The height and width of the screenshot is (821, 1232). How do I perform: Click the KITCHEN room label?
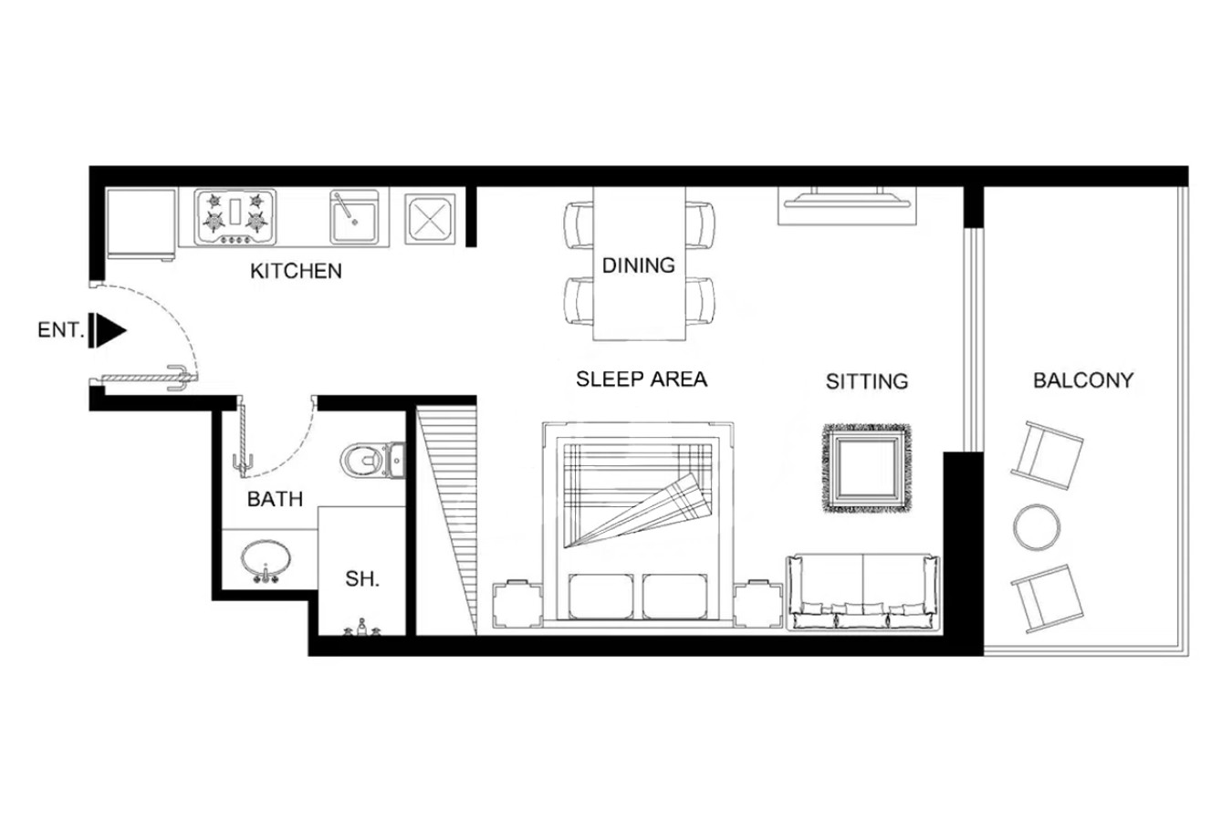click(x=296, y=271)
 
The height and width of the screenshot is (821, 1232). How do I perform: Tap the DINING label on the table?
click(x=639, y=265)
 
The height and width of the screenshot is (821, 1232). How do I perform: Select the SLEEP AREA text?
click(x=642, y=379)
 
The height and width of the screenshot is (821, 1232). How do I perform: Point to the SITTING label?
click(x=867, y=381)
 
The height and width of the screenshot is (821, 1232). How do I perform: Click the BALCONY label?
click(x=1083, y=380)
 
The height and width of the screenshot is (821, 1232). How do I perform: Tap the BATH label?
click(x=275, y=499)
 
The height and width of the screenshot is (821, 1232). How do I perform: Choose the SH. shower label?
click(x=362, y=578)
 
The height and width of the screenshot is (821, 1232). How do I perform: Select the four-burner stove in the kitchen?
click(x=235, y=217)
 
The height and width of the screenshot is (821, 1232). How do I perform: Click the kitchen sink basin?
click(x=355, y=217)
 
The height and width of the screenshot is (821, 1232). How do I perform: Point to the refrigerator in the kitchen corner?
click(x=141, y=223)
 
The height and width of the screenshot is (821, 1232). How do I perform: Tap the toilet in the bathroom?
click(x=372, y=461)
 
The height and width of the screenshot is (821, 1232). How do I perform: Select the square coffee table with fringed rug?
click(x=866, y=468)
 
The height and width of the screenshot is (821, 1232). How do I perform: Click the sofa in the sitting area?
click(x=863, y=592)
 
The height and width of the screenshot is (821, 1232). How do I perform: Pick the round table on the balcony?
click(x=1037, y=527)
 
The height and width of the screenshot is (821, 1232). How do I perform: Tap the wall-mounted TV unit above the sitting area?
click(x=847, y=205)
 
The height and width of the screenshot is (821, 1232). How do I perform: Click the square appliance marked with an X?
click(x=430, y=219)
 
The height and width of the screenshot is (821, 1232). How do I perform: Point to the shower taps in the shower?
click(x=362, y=628)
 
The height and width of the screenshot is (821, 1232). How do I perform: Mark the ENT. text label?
click(x=61, y=330)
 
